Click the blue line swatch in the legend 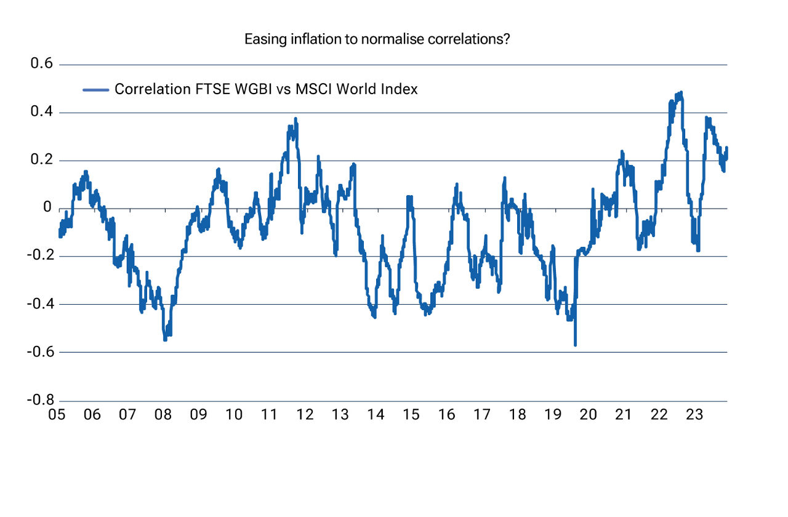point(96,90)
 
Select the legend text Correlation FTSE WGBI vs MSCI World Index point(266,89)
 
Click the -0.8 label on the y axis point(39,400)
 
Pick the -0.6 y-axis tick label point(39,352)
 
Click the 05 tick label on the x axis point(57,414)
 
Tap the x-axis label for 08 point(163,414)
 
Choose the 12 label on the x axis point(305,414)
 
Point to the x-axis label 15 point(411,414)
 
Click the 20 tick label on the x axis point(589,414)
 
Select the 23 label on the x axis point(695,414)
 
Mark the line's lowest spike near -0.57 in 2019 point(575,345)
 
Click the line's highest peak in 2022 point(680,93)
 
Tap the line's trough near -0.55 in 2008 point(165,339)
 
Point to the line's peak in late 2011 point(295,119)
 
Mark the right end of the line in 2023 point(726,148)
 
